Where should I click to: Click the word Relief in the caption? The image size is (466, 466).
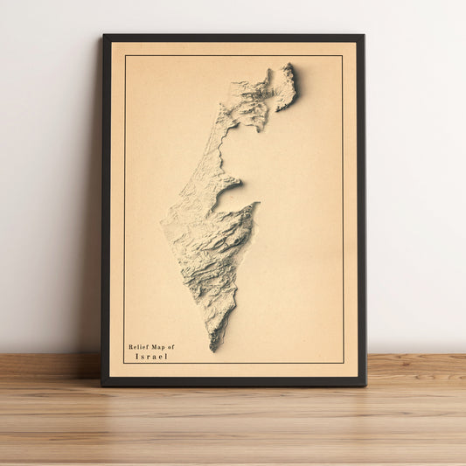[x=139, y=347]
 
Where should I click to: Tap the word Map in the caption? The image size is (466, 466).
[x=159, y=347]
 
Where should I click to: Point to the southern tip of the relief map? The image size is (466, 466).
[x=213, y=351]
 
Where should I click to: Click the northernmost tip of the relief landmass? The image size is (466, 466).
[x=288, y=64]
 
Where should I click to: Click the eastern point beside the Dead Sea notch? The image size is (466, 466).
[x=257, y=205]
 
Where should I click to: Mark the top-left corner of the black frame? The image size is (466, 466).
[x=103, y=35]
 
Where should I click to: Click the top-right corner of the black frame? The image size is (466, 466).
[x=364, y=35]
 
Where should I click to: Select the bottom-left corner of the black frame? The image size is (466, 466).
[x=101, y=385]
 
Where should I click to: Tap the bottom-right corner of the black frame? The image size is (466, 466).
[x=365, y=385]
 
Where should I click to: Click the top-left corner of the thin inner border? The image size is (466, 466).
[x=125, y=56]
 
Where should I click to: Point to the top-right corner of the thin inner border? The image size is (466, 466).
[x=342, y=56]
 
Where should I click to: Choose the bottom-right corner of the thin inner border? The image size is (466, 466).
[x=343, y=363]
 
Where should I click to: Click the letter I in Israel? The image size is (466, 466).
[x=137, y=357]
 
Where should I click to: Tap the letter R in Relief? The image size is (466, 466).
[x=131, y=347]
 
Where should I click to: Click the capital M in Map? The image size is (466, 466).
[x=155, y=347]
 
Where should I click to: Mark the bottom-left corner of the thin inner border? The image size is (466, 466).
[x=124, y=363]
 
